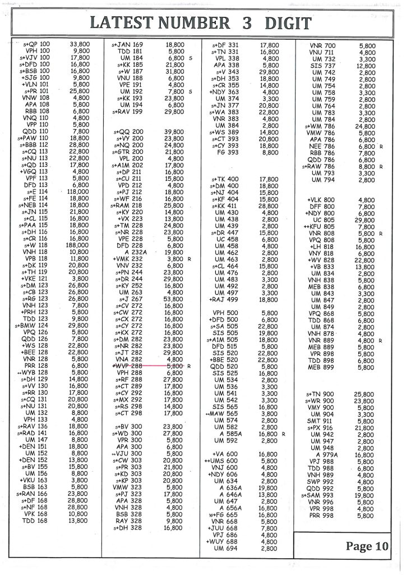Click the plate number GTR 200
coord(128,152)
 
